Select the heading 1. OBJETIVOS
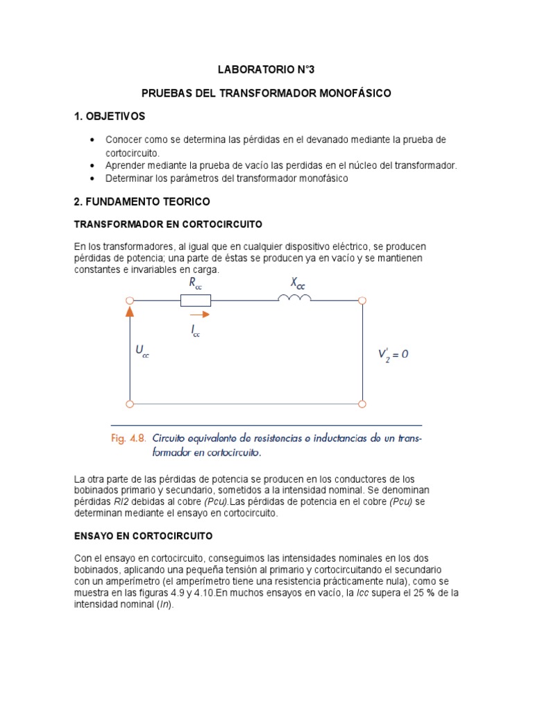pos(110,116)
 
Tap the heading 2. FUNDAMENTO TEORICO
pos(142,201)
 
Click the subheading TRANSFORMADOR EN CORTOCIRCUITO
pos(168,224)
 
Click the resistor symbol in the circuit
pos(195,300)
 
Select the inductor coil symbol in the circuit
pos(294,299)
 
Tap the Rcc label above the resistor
pos(195,283)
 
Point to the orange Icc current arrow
pos(198,314)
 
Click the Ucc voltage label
pos(142,352)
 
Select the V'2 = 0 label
pos(393,354)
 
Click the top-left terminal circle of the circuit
pos(129,300)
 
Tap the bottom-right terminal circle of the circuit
pos(362,403)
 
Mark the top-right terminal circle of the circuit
pos(362,300)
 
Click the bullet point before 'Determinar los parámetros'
pos(92,178)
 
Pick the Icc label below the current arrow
pos(196,332)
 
